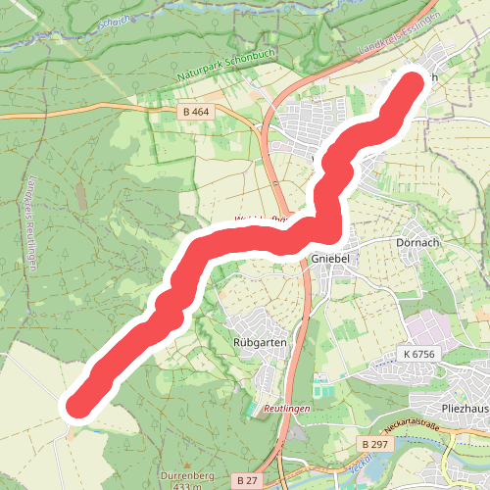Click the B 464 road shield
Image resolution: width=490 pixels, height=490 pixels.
pos(196,113)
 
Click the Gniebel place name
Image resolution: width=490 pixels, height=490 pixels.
pos(329,258)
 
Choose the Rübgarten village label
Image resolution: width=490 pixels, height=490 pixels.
pos(260,342)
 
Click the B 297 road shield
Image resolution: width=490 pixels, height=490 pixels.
pos(373,444)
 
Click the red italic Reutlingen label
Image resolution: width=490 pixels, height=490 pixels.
pos(286,407)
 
